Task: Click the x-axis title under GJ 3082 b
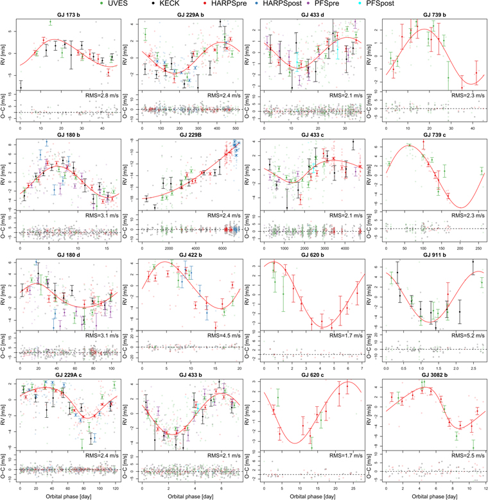pos(428,495)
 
